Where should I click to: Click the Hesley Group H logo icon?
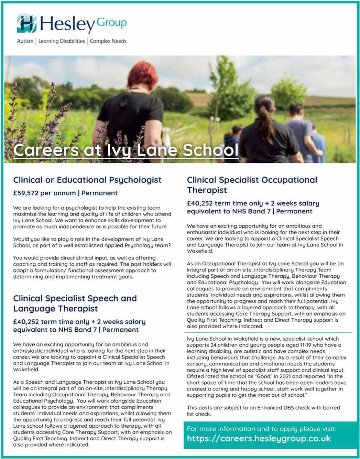27,23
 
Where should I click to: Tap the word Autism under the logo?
25,41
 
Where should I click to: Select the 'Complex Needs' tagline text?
108,41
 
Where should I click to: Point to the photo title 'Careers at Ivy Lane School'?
126,150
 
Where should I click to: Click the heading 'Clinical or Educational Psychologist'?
87,180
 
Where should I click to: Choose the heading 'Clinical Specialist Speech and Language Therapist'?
75,303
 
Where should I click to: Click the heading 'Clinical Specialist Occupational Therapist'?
252,185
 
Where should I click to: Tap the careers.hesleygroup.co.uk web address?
259,438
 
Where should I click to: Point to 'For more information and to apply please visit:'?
261,429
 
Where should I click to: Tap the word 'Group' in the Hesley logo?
112,23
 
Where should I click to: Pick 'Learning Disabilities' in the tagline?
62,41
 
